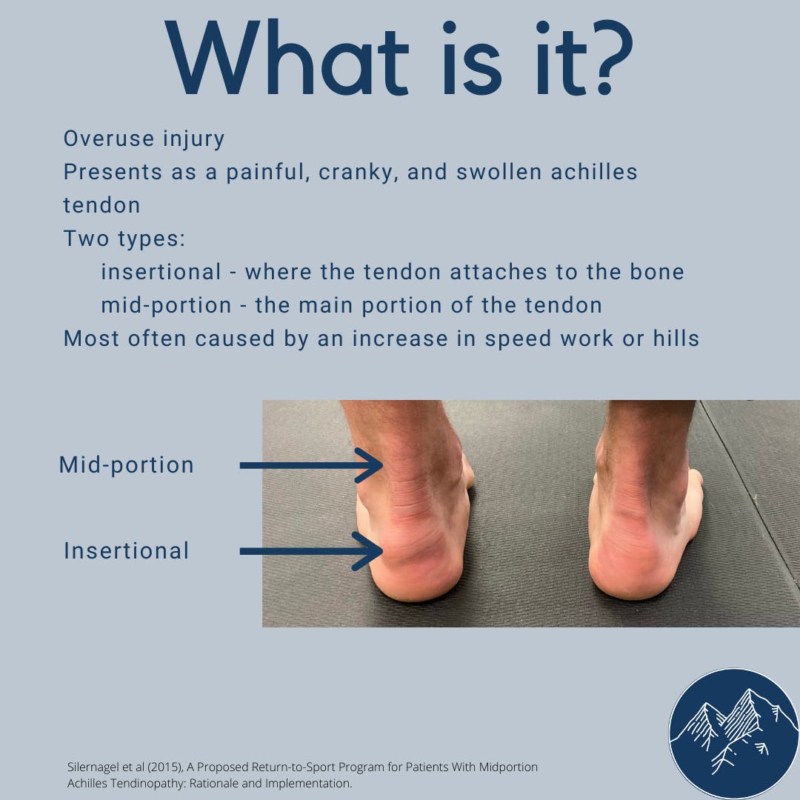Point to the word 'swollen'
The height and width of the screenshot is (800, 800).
click(x=499, y=172)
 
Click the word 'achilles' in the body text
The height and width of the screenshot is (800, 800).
click(x=594, y=172)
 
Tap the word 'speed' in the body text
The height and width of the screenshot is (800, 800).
click(x=518, y=339)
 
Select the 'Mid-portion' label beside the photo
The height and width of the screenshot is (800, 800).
click(x=127, y=465)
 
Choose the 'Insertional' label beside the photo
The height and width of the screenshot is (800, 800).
click(x=127, y=551)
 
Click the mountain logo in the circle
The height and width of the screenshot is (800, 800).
click(x=734, y=733)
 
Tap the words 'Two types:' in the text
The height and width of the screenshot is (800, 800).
click(x=124, y=239)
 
